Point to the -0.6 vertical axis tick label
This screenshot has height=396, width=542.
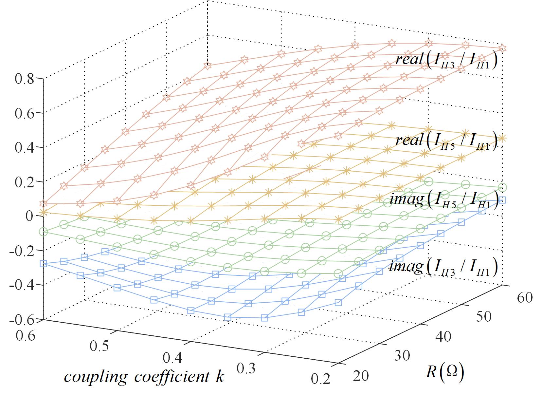tap(21, 320)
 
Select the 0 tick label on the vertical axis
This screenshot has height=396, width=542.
tap(29, 216)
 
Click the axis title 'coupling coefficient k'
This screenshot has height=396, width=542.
tap(144, 377)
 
